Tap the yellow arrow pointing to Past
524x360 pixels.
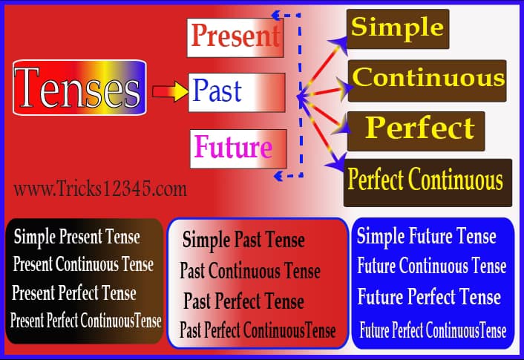(169, 92)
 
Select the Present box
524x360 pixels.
(235, 36)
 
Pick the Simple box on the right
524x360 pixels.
(398, 28)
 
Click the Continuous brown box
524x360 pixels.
(428, 79)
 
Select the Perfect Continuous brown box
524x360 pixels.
(427, 180)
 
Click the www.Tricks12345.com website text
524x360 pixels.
(100, 189)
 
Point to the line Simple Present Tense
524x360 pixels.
(76, 238)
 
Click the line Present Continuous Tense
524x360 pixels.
(83, 264)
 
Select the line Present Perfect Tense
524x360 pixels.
(74, 292)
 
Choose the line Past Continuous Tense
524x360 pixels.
(250, 271)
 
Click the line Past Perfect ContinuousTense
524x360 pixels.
(258, 330)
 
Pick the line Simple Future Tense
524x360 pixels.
(427, 238)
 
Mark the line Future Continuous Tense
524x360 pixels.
(432, 266)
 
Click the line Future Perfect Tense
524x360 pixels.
(429, 298)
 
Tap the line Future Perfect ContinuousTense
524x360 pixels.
(433, 330)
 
